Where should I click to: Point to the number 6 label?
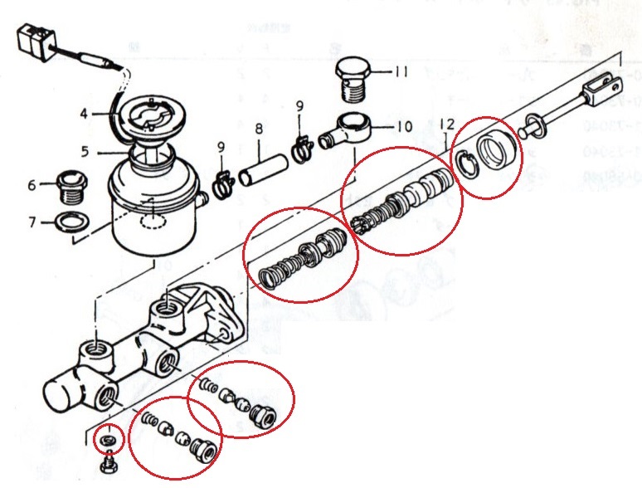point(32,186)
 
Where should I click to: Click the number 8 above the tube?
point(259,129)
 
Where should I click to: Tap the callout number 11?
point(401,72)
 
